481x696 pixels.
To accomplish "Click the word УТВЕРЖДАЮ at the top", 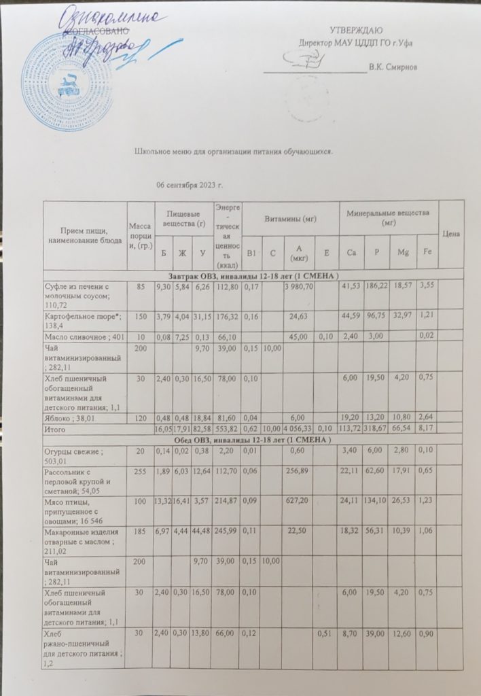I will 356,31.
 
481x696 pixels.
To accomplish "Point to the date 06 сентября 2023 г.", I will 190,185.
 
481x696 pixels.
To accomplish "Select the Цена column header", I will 451,234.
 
